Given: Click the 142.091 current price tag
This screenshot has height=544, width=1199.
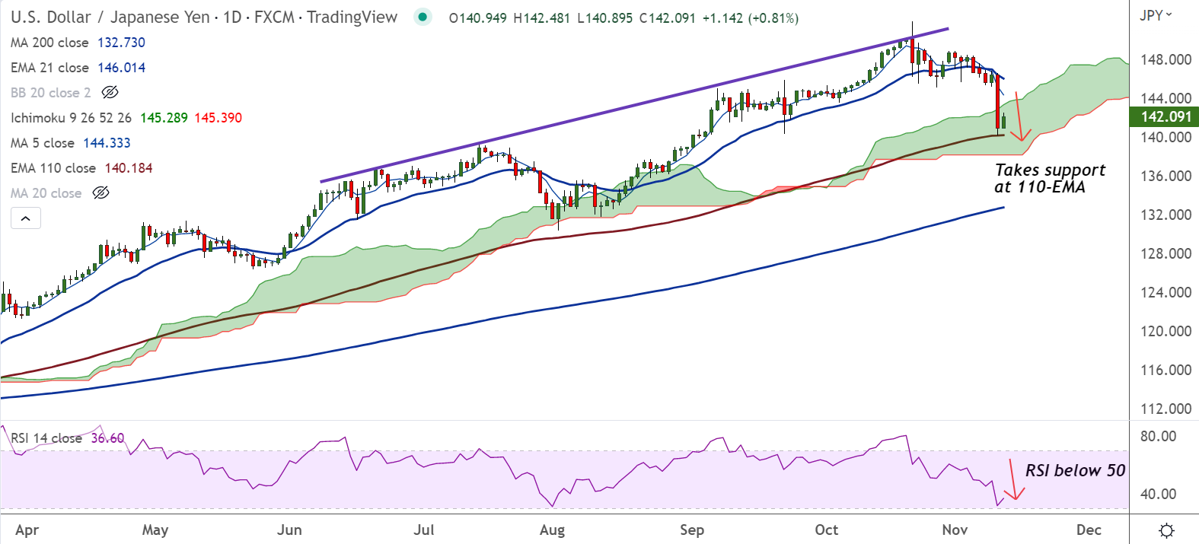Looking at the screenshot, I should click(x=1166, y=116).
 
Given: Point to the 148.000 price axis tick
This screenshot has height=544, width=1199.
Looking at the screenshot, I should click(x=1166, y=59).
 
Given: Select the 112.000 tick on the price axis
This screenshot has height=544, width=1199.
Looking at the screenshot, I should click(x=1166, y=409).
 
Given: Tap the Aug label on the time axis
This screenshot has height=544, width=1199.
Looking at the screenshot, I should click(x=552, y=530).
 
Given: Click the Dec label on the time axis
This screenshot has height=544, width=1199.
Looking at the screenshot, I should click(x=1089, y=530).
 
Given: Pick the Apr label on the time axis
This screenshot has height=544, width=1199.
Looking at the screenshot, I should click(x=27, y=530).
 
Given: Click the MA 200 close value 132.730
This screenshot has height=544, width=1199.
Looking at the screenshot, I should click(x=121, y=43).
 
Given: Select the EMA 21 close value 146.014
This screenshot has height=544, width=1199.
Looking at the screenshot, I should click(x=121, y=68).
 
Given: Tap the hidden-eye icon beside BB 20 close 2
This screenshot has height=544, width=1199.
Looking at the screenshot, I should click(x=110, y=93).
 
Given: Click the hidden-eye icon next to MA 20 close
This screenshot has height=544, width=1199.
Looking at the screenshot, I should click(x=100, y=193).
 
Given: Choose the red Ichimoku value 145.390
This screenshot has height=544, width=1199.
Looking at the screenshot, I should click(x=218, y=118).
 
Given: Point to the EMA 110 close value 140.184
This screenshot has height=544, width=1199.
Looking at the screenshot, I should click(x=129, y=168).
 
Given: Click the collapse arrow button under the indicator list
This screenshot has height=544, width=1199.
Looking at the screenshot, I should click(x=25, y=218).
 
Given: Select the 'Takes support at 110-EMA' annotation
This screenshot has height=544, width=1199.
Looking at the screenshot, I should click(x=1049, y=179).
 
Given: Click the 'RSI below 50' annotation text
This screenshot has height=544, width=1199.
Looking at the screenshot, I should click(x=1075, y=470).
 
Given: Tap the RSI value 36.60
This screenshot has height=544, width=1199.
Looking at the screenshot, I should click(x=107, y=438).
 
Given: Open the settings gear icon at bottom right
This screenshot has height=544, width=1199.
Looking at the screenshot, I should click(x=1166, y=530).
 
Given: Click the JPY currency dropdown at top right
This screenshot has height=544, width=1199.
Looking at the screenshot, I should click(x=1156, y=15).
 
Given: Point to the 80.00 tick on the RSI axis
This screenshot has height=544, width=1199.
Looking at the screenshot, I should click(x=1157, y=436).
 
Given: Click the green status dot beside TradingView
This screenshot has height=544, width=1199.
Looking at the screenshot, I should click(x=422, y=17).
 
